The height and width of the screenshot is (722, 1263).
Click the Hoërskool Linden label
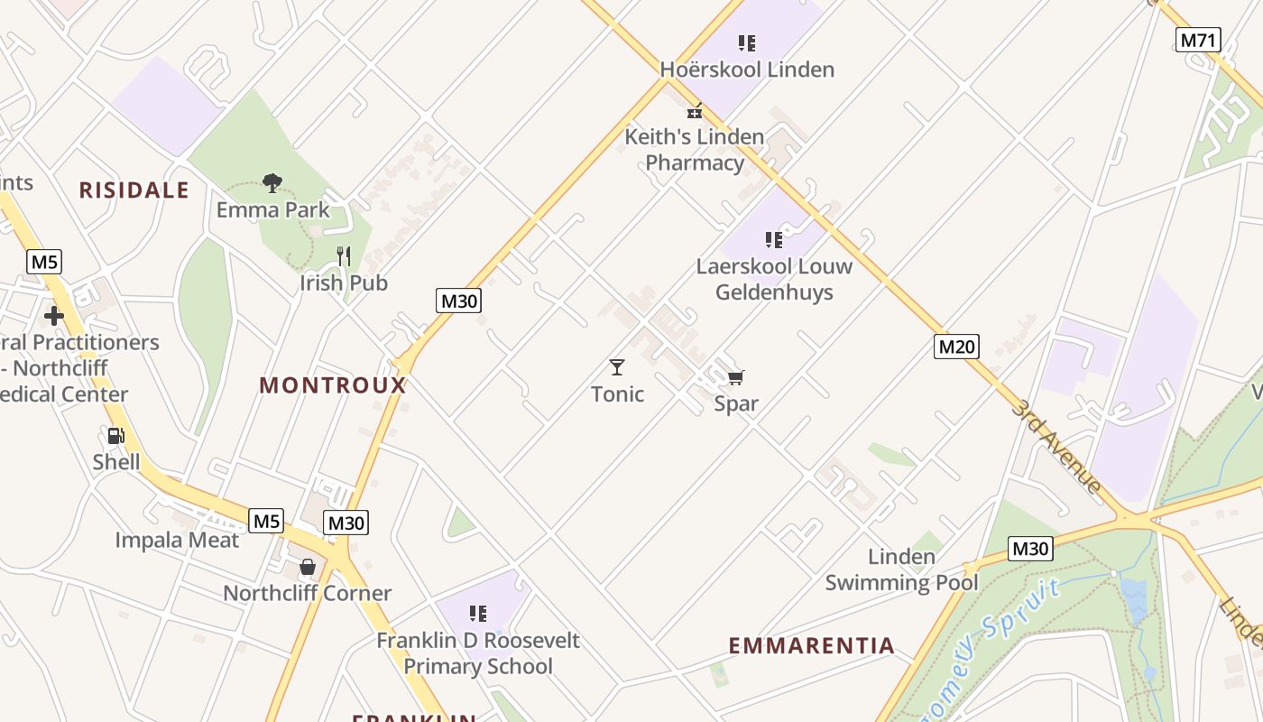pos(747,69)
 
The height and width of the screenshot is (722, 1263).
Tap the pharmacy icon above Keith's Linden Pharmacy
pos(695,111)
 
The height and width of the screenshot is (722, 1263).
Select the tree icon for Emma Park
pos(272,183)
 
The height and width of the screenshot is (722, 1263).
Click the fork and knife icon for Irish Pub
pos(344,256)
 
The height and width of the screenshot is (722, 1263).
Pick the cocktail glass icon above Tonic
pos(617,367)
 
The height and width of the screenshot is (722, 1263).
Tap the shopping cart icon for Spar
pos(736,377)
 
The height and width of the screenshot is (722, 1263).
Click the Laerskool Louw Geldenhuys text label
pos(774,280)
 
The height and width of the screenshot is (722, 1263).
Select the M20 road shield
pos(955,347)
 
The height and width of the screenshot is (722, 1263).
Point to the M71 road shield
pos(1199,40)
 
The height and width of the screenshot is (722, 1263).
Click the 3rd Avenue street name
pos(1056,446)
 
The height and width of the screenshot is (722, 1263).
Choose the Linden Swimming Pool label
pos(901,569)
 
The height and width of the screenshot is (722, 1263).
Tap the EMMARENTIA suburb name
pos(811,645)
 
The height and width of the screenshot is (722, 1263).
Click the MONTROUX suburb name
pos(333,385)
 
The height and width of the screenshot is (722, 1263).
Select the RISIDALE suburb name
pos(134,190)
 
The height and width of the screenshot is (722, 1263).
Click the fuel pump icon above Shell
pos(115,436)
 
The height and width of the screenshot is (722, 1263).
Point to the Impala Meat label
pos(177,541)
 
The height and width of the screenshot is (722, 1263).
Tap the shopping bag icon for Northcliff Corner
pos(308,567)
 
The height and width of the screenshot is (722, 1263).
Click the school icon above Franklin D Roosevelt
pos(478,614)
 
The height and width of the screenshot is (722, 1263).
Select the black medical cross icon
pos(54,316)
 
